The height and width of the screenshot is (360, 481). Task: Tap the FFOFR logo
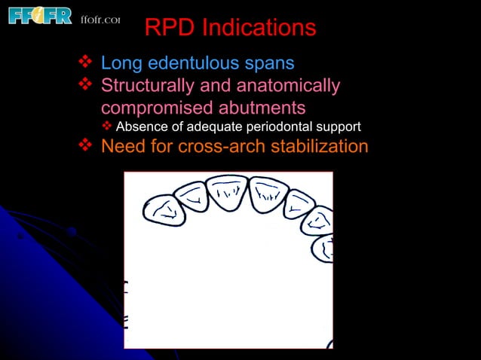40,15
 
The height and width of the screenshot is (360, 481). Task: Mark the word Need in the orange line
122,146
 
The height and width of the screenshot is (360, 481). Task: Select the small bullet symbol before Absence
107,126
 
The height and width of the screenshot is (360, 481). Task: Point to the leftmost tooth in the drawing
164,210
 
